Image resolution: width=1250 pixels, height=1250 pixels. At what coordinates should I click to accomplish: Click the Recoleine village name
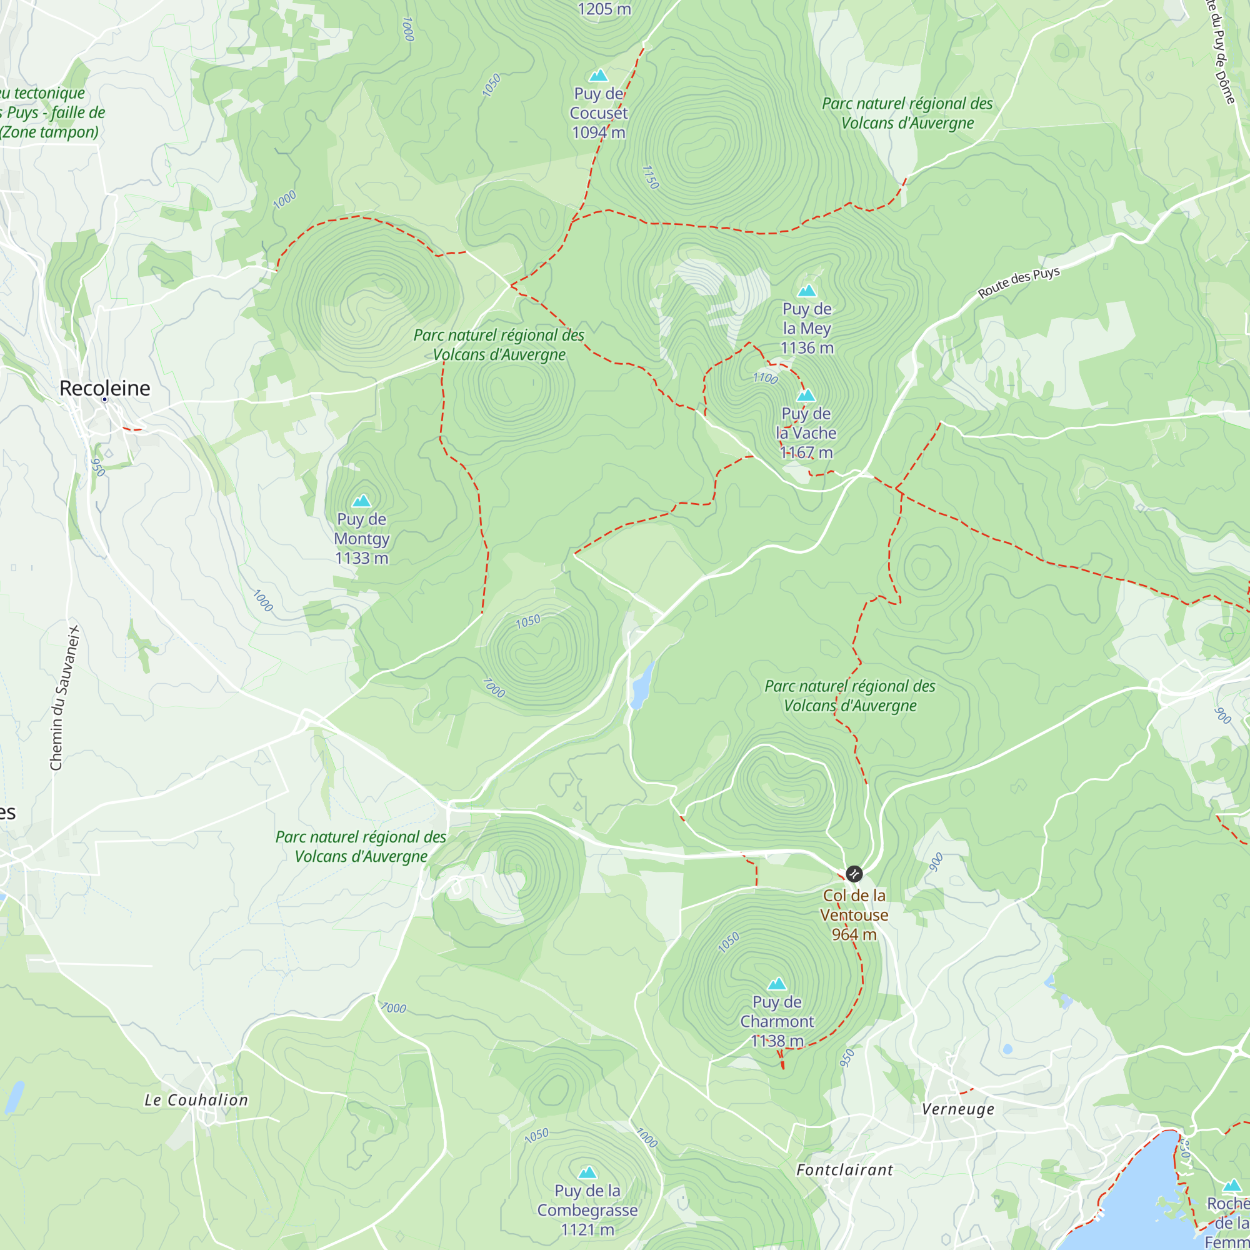[x=105, y=387]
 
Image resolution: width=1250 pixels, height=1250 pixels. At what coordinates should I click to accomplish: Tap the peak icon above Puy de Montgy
[x=362, y=501]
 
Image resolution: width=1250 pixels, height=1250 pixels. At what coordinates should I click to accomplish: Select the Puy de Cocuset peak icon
[x=599, y=75]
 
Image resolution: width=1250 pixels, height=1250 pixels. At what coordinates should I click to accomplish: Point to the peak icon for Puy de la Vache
[x=806, y=394]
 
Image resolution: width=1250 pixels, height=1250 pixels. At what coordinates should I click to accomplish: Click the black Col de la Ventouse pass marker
[x=854, y=874]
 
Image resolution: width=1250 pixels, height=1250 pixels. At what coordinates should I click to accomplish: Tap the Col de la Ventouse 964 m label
[x=854, y=914]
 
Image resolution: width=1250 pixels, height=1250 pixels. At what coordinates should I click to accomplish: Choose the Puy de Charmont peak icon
[x=776, y=984]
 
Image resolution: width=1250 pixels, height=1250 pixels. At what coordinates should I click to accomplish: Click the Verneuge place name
[x=957, y=1109]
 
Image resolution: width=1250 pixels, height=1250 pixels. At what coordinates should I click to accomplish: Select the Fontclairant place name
[x=844, y=1170]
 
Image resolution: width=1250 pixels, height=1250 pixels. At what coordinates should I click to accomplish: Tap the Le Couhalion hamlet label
[x=196, y=1100]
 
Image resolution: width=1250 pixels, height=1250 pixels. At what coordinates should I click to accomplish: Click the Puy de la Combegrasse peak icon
[x=587, y=1172]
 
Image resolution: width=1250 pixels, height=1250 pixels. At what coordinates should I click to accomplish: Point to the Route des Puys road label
[x=1018, y=282]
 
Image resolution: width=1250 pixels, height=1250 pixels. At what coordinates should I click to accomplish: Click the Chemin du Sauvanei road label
[x=65, y=697]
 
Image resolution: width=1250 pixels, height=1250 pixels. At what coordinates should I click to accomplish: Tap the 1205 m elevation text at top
[x=604, y=9]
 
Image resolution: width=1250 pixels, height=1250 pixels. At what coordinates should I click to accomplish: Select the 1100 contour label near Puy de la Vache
[x=765, y=378]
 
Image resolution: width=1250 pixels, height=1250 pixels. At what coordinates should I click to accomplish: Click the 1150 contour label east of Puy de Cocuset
[x=649, y=177]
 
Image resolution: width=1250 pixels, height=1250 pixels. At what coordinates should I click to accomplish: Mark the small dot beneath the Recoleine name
[x=105, y=400]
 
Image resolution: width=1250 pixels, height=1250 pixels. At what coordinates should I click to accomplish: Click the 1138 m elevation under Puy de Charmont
[x=776, y=1041]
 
